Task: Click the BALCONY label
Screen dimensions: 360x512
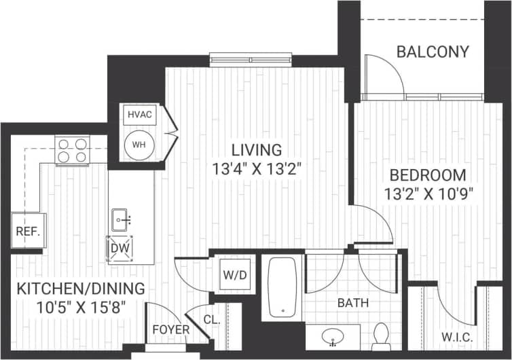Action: tap(433, 52)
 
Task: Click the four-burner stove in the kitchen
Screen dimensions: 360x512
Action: tap(73, 151)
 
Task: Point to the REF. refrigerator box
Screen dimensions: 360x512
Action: tap(28, 230)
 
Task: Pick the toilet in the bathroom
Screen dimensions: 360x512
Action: tap(381, 336)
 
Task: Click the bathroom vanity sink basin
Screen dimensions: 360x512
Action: tap(333, 336)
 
